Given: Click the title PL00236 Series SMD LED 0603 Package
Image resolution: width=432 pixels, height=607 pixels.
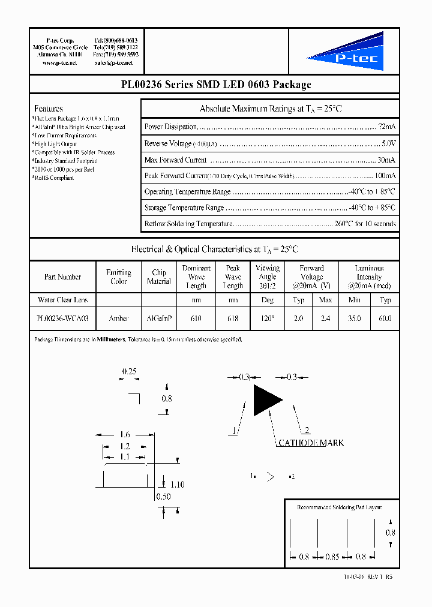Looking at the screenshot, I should pos(215,85).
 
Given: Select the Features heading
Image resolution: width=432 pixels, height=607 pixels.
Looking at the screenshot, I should pos(49,109).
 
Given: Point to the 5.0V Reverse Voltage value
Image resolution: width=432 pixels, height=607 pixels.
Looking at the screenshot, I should pos(389,143).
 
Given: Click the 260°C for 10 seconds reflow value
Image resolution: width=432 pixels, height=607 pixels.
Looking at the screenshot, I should pos(365,224).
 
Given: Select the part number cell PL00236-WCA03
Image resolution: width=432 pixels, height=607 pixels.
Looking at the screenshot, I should pos(62,318).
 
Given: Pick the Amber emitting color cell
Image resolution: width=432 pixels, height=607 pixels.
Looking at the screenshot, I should pos(119,318).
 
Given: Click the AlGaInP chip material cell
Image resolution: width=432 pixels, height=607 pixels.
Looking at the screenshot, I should pos(159,318).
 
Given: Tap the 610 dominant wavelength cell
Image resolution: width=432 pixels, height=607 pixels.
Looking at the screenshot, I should pos(196,318).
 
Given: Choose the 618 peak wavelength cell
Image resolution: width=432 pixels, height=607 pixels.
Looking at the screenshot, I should pos(233,318).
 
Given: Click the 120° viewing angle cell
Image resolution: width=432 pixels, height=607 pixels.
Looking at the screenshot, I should pos(267,318).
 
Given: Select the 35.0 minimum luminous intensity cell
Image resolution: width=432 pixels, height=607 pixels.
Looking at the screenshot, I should pos(355,318).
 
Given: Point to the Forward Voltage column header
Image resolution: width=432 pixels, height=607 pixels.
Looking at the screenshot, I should pos(311,277).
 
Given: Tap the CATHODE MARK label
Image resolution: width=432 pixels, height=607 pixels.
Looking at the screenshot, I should pos(311,443).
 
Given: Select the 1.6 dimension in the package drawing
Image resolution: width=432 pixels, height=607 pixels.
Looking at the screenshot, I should pos(124,434).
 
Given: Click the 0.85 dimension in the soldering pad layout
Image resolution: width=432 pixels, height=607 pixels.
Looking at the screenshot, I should pos(332,557).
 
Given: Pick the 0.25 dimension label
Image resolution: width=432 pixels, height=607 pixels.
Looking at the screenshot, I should pos(130,371).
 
